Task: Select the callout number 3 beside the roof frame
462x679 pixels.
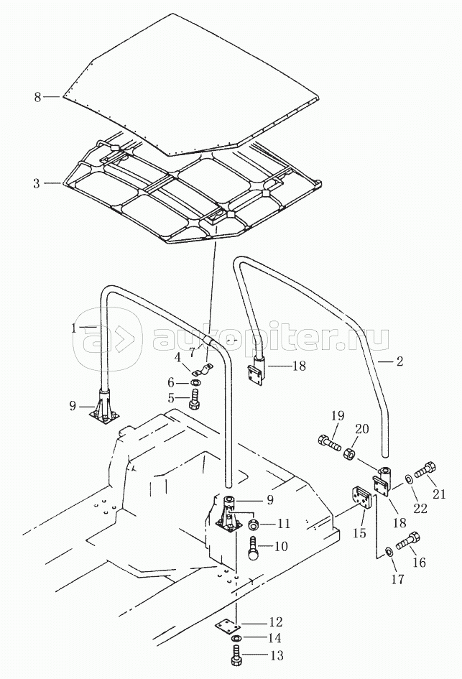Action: pos(37,184)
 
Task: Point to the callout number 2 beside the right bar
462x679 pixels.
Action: pos(399,361)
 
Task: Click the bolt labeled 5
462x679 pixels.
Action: pos(193,399)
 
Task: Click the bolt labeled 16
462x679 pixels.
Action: pos(407,540)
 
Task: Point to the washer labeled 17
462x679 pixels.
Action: pos(389,551)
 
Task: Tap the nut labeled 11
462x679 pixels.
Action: pos(253,523)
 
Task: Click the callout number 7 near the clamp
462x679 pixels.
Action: pos(192,352)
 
